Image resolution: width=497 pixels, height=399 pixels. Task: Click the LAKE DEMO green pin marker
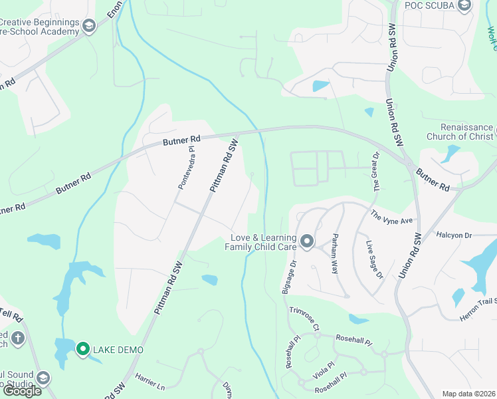click(x=83, y=348)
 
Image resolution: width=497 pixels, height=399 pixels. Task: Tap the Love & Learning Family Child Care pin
click(x=306, y=241)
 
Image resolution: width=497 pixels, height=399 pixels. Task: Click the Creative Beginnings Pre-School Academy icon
click(x=88, y=26)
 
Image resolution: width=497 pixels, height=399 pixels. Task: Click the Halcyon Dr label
click(x=454, y=235)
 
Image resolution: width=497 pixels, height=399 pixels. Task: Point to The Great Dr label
click(x=377, y=172)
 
